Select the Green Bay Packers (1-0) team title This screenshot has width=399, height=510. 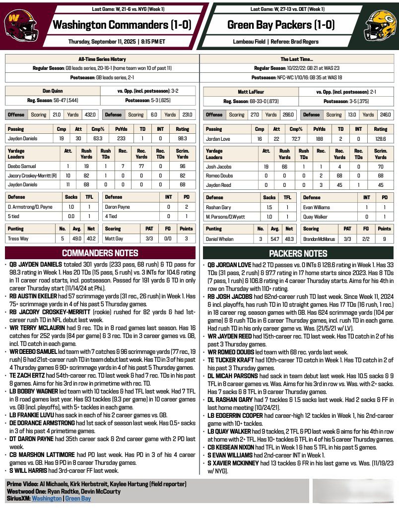[x=281, y=25]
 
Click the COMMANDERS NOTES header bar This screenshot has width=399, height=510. [x=100, y=253]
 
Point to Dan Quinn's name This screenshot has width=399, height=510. [x=52, y=91]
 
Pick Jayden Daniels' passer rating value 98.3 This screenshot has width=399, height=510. [x=182, y=139]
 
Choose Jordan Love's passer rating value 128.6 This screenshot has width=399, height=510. [x=380, y=139]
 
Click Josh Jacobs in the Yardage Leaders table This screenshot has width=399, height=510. [x=218, y=167]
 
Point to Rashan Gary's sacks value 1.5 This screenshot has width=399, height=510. [x=269, y=208]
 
